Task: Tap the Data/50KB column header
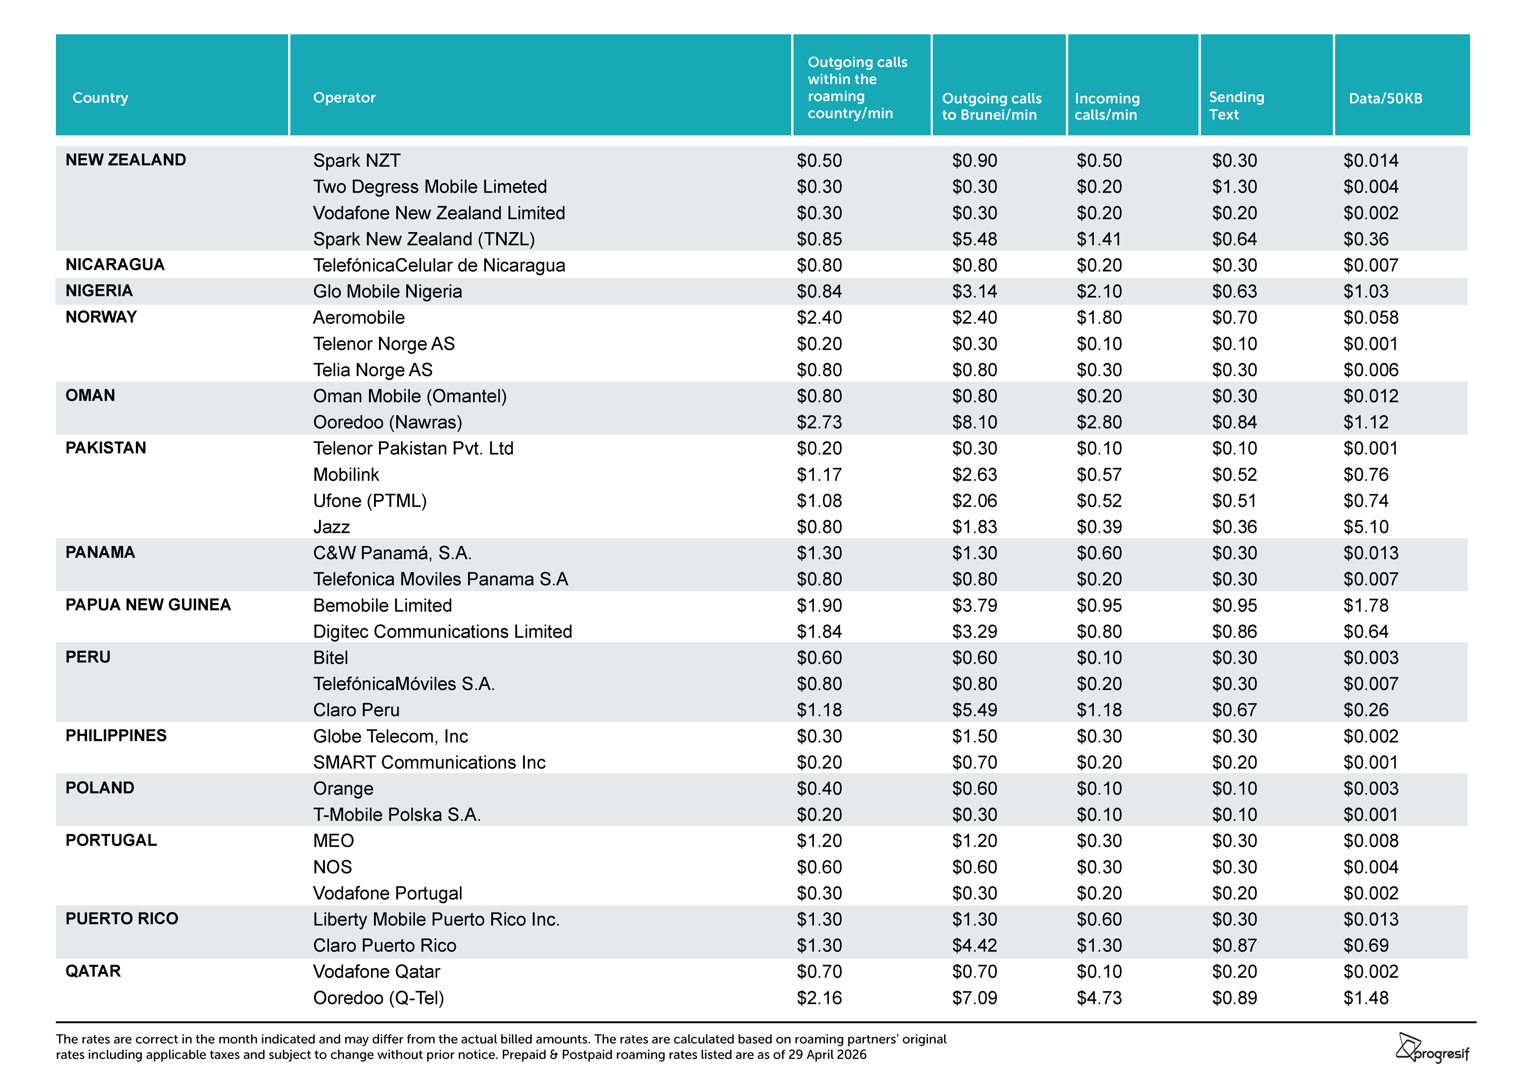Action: tap(1386, 99)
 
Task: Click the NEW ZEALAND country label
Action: tap(125, 160)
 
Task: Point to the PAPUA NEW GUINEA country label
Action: tap(148, 605)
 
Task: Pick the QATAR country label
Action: tap(93, 971)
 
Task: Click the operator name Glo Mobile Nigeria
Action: tap(388, 291)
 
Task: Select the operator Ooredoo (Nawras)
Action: tap(388, 422)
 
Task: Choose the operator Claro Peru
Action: tap(356, 710)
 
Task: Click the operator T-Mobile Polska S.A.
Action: tap(397, 814)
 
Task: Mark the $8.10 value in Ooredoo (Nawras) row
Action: tap(974, 422)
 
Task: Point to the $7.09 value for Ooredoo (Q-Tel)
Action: tap(974, 998)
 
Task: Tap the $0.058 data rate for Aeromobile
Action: tap(1371, 318)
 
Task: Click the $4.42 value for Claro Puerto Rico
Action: tap(974, 945)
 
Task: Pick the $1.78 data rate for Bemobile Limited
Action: tap(1366, 606)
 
